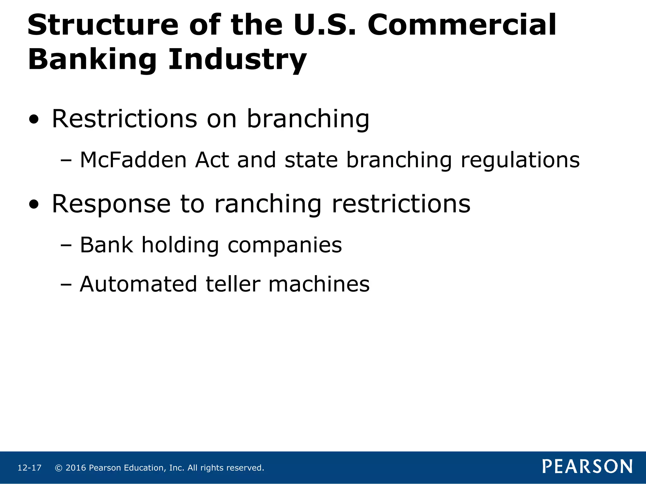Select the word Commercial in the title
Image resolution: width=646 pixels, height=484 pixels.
pos(462,25)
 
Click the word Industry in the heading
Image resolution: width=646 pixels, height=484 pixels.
pos(237,60)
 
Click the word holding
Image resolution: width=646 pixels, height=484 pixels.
pos(180,245)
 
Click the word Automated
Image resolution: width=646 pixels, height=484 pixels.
pos(138,284)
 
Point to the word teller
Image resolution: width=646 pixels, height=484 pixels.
pos(233,284)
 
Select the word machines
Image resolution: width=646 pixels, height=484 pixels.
pos(319,284)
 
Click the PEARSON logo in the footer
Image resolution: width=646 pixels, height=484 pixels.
pos(587,466)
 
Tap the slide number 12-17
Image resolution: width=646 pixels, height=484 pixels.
pos(29,468)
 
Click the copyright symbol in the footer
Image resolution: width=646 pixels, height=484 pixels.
pos(58,468)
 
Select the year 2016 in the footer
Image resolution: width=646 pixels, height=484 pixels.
pos(76,468)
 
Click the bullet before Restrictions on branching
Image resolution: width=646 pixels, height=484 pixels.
pos(34,120)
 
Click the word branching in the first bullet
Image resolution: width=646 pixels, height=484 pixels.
pos(308,120)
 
